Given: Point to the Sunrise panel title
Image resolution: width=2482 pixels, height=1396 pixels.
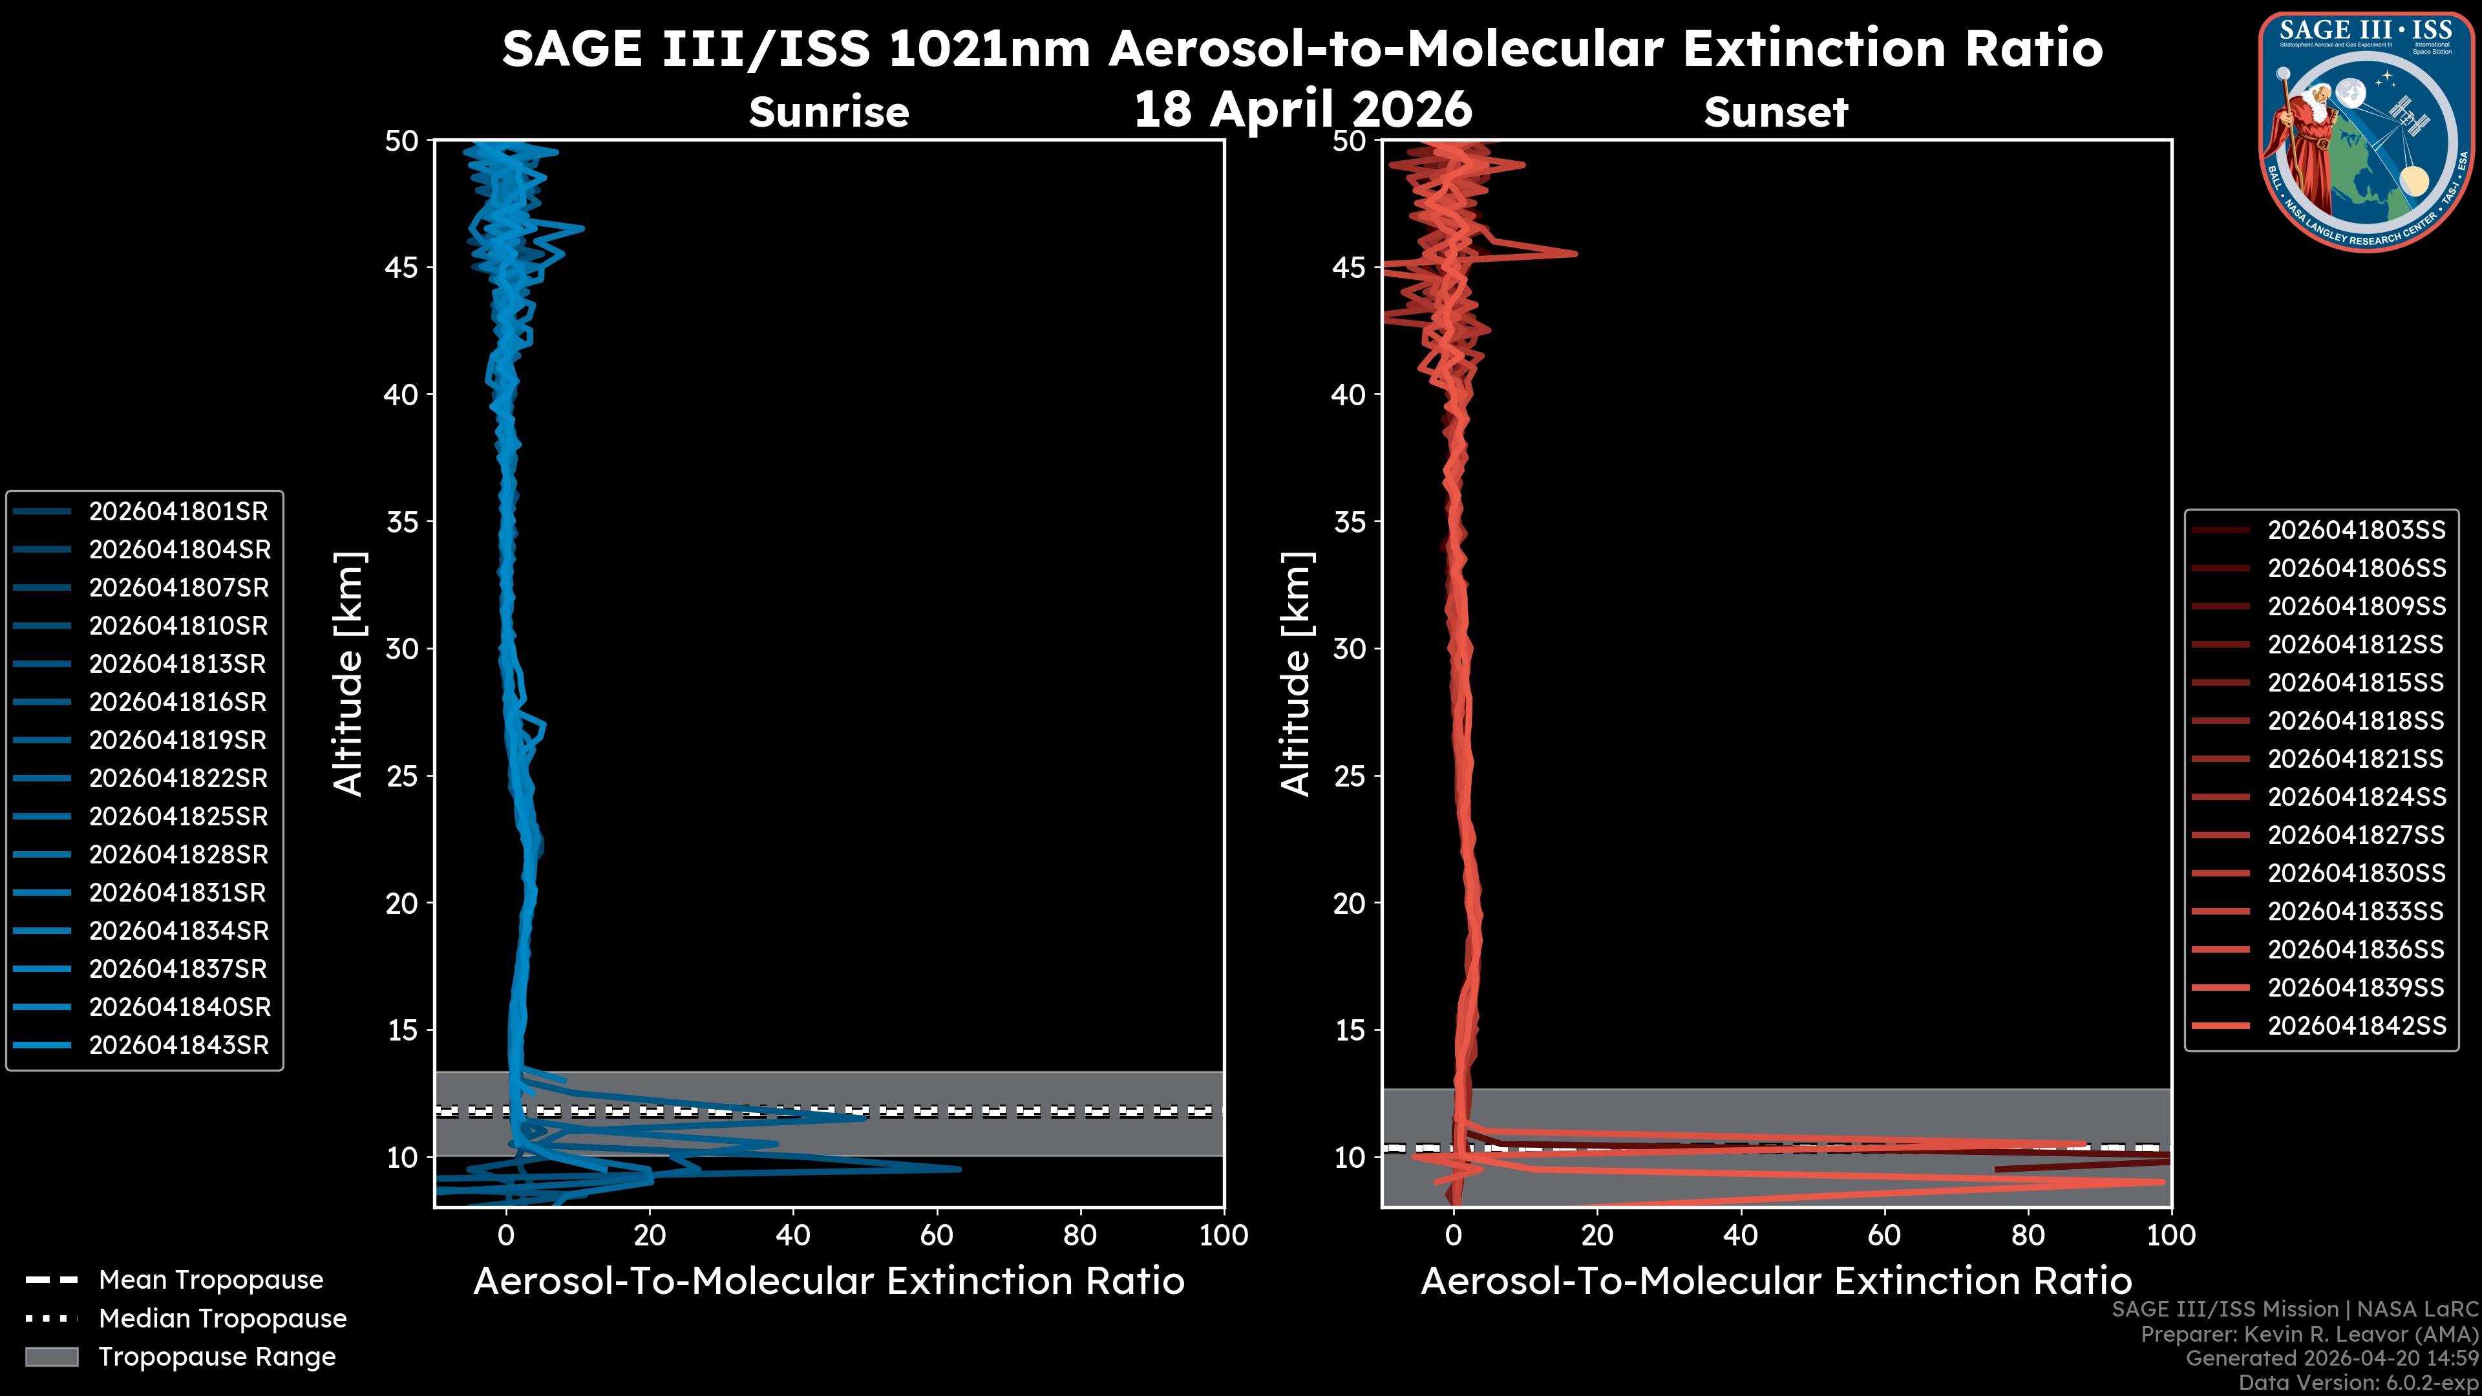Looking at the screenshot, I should pos(829,112).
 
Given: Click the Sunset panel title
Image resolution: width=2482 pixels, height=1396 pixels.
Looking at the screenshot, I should pos(1776,112).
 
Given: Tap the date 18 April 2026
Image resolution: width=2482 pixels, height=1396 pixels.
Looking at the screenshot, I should pos(1302,109).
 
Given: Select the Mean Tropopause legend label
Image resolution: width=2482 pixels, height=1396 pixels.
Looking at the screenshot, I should pos(210,1280).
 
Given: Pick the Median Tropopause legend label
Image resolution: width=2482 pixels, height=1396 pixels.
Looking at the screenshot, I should pos(222,1319).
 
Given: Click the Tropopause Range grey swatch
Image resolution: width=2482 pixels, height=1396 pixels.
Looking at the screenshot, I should pos(51,1357).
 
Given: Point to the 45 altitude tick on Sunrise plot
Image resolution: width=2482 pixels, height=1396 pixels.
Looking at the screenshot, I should pos(403,267).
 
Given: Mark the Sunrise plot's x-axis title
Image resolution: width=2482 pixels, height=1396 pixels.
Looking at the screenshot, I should pos(829,1282).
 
